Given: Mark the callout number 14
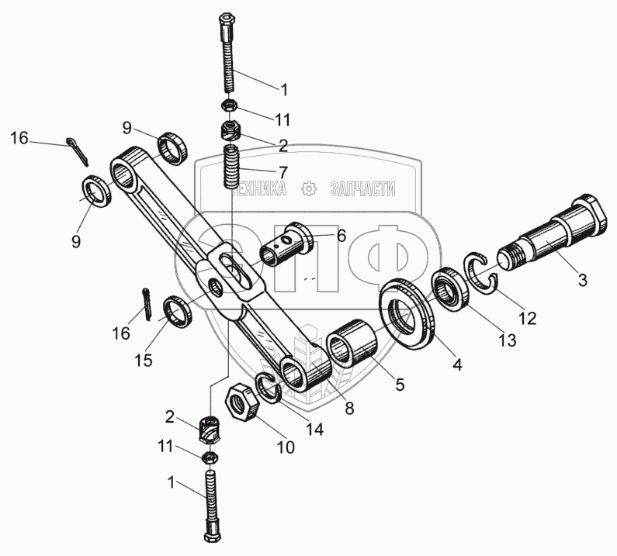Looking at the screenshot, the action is [x=315, y=427].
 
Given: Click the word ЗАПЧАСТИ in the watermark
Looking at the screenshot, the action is [x=363, y=188].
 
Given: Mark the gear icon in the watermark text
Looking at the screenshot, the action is [x=309, y=188].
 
